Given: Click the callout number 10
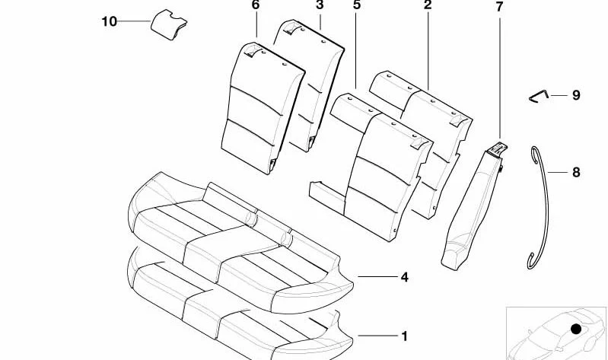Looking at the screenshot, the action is [109, 21].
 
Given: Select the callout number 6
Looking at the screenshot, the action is [255, 5].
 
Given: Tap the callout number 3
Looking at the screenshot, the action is [320, 5].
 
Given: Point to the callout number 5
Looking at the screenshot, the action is [357, 5].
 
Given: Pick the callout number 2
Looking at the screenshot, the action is [428, 5].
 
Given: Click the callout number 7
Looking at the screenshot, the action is [499, 7].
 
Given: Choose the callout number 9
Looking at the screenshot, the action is [576, 95].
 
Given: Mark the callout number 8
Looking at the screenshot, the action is [576, 172].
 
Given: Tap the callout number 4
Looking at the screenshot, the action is [404, 277].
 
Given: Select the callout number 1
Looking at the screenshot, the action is [404, 336].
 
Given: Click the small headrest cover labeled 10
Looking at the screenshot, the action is [168, 24].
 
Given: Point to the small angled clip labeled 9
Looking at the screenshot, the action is [538, 97].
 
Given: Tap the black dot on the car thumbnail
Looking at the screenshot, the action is [576, 329].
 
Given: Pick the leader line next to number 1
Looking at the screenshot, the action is [378, 336].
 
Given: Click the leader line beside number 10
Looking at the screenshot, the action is [134, 21].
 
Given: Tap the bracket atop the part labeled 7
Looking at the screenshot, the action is [497, 149].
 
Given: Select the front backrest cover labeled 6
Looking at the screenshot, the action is [262, 108].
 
